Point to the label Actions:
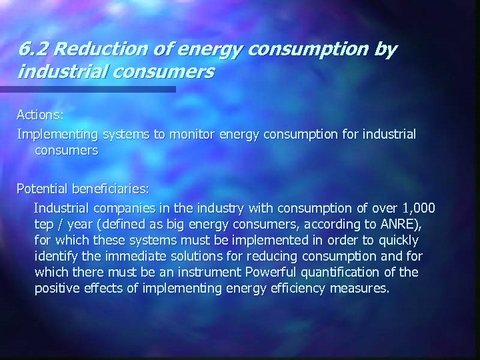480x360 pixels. [x=41, y=115]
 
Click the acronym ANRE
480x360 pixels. [x=399, y=224]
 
